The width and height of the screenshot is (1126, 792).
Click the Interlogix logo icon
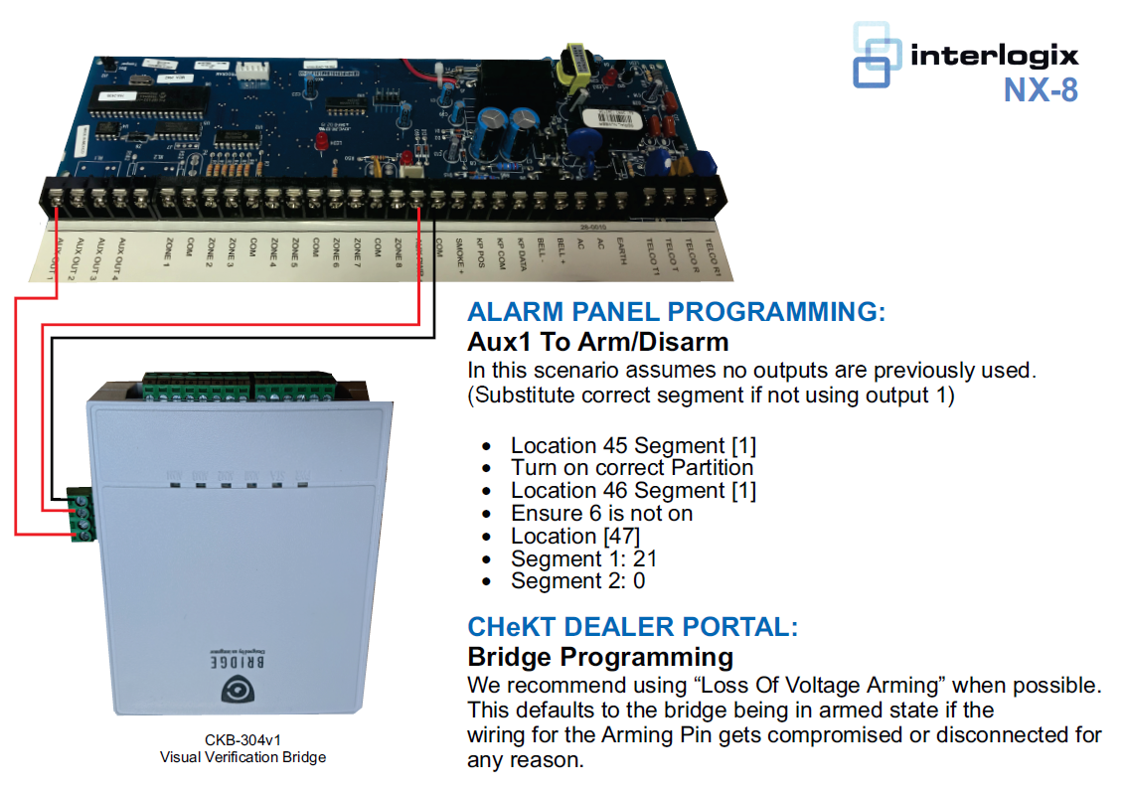pyautogui.click(x=878, y=56)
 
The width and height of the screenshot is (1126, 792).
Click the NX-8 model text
pyautogui.click(x=1040, y=90)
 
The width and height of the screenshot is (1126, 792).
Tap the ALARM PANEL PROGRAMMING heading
pyautogui.click(x=676, y=312)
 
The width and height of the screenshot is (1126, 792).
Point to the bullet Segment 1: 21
pyautogui.click(x=583, y=558)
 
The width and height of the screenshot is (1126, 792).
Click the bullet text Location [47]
pyautogui.click(x=575, y=536)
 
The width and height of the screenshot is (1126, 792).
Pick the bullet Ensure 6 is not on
pyautogui.click(x=601, y=513)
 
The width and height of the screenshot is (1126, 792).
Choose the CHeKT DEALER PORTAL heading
pyautogui.click(x=632, y=627)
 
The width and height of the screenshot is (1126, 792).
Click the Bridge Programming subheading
pyautogui.click(x=600, y=657)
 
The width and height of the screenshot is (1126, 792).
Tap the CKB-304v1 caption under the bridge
pyautogui.click(x=242, y=740)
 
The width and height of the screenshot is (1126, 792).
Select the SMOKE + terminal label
pyautogui.click(x=459, y=254)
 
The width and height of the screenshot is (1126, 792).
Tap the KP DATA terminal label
pyautogui.click(x=520, y=255)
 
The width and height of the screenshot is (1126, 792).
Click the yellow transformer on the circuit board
pyautogui.click(x=573, y=67)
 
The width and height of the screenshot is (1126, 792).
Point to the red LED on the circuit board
pyautogui.click(x=321, y=145)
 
